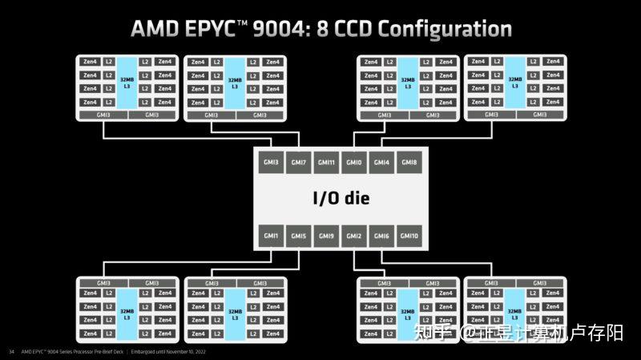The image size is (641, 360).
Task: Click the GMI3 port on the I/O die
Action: tap(272, 163)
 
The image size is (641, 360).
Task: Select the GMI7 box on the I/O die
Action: tap(299, 163)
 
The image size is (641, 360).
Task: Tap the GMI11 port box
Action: tap(326, 163)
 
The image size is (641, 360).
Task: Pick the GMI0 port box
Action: tap(353, 163)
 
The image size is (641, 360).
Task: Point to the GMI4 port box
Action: tap(381, 163)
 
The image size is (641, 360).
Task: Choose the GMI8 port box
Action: tap(409, 163)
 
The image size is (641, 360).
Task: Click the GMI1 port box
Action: tap(272, 236)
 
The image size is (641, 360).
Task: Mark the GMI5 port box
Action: tap(299, 236)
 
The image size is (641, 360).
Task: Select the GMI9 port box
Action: tap(326, 236)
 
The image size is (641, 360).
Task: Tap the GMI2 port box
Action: tap(353, 236)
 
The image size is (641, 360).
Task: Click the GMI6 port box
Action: tap(381, 236)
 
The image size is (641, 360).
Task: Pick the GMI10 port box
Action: tap(409, 236)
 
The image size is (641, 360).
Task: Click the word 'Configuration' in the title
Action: tap(445, 29)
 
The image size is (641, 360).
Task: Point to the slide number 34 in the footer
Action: tap(11, 352)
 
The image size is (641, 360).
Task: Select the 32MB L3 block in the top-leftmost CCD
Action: tap(128, 82)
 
